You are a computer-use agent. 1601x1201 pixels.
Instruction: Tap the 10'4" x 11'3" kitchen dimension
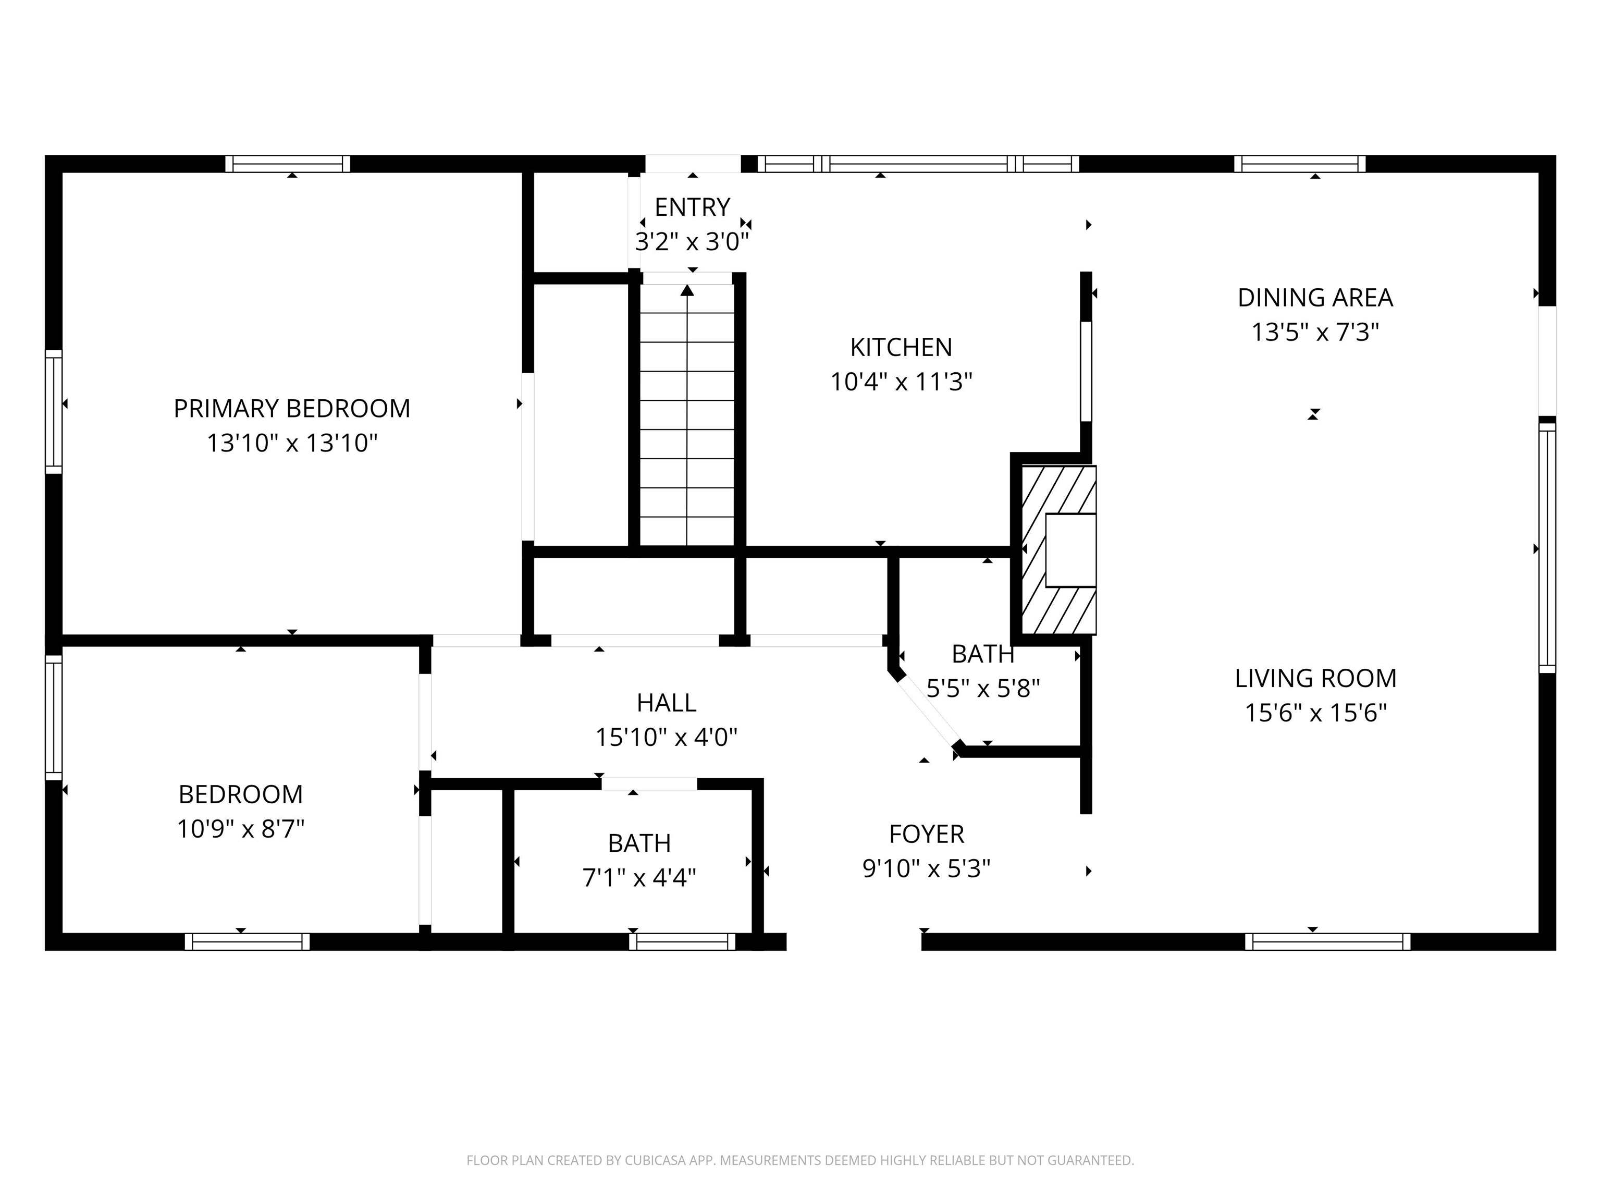tap(901, 382)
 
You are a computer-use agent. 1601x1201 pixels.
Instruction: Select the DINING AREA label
tap(1315, 298)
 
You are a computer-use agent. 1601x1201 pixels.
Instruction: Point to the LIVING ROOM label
tap(1315, 678)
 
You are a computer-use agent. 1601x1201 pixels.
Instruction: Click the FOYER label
tap(927, 834)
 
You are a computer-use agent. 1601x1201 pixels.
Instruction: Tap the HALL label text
tap(667, 702)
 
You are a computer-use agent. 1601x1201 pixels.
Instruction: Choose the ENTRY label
tap(693, 207)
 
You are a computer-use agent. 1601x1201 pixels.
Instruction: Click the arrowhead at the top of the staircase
tap(687, 290)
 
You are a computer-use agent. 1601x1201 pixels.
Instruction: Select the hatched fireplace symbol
tap(1058, 550)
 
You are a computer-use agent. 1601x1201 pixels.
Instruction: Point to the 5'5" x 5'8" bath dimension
tap(983, 688)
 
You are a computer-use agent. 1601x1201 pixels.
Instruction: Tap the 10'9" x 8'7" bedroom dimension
tap(240, 829)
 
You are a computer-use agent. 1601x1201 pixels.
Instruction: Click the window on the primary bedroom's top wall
tap(287, 164)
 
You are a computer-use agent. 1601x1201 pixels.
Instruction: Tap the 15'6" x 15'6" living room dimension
tap(1315, 713)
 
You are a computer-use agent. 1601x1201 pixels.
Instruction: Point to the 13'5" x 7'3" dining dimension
tap(1315, 332)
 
